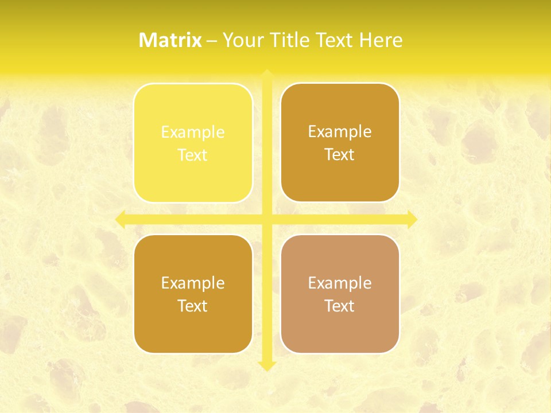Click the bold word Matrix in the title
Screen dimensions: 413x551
[170, 40]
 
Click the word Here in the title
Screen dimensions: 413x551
[381, 40]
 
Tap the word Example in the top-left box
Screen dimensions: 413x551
[193, 133]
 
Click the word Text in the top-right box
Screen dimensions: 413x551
[340, 155]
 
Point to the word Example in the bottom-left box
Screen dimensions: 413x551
[193, 283]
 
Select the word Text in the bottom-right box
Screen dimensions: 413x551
[340, 306]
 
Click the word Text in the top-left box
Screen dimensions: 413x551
[193, 155]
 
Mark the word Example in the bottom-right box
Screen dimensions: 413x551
[340, 283]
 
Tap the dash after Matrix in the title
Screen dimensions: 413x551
[212, 41]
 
